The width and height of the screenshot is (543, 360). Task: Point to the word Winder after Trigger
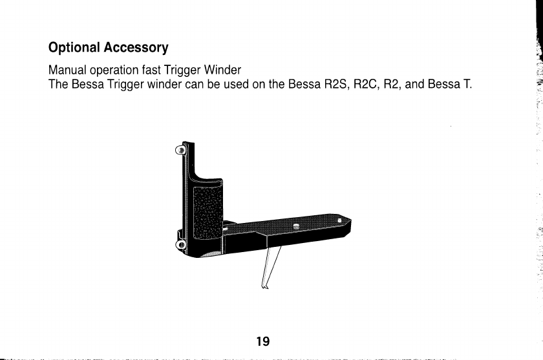pos(224,69)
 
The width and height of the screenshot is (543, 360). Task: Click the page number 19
pos(262,341)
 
